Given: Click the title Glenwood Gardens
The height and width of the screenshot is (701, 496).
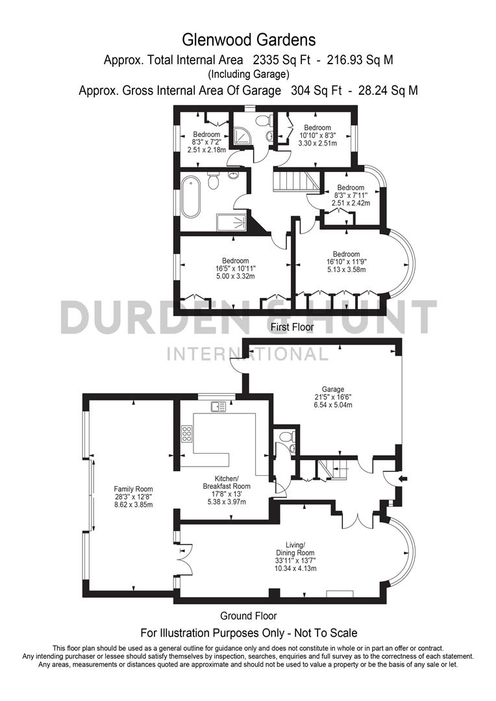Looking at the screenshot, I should click(x=248, y=40).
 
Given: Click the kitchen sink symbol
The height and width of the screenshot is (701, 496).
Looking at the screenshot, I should click(x=217, y=407).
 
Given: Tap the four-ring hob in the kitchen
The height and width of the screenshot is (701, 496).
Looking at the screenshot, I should click(x=186, y=433).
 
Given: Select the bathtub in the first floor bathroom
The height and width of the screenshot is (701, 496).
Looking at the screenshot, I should click(x=191, y=195).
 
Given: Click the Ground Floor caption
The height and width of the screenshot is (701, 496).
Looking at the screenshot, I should click(x=248, y=615).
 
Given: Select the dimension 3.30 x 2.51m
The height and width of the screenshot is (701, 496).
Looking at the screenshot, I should click(x=317, y=143).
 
